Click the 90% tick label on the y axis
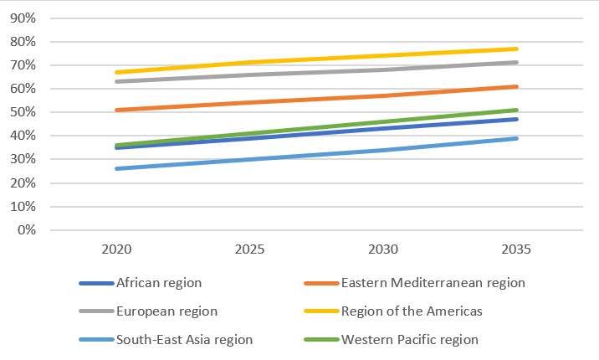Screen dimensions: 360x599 click(23, 18)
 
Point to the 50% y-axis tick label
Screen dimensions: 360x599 click(23, 112)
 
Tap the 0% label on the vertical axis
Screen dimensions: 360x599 click(26, 230)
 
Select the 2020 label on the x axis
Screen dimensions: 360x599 click(117, 249)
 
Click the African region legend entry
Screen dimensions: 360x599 click(160, 283)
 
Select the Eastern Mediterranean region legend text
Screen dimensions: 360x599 click(433, 283)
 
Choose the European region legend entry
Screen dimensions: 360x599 click(167, 311)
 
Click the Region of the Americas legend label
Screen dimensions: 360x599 click(412, 311)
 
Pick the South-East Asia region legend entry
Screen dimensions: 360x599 click(184, 340)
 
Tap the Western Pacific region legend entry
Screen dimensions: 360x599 click(409, 340)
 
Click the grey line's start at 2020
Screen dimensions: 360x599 click(117, 81)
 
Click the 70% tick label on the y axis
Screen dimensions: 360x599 click(23, 65)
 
